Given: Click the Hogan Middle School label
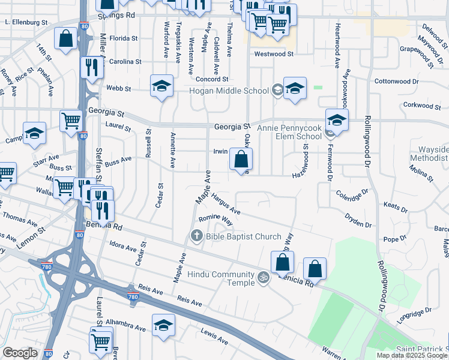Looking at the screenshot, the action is point(229,91).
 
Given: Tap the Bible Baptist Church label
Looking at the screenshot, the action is point(243,236).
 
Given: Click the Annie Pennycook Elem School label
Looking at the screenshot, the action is point(289,132).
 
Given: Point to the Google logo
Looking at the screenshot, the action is point(20,353).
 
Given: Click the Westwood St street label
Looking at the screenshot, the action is point(273,53).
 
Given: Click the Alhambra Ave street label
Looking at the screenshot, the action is point(125,325).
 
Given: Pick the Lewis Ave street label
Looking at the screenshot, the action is point(214,337).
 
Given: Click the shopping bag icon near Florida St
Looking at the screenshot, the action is point(65,38).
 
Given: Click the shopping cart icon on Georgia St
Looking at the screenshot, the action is point(71,120).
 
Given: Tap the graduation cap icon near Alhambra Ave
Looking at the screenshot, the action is point(163,325).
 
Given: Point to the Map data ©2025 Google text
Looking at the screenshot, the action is point(411,355).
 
